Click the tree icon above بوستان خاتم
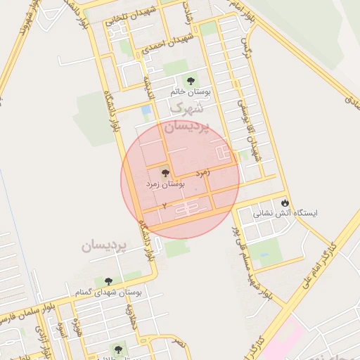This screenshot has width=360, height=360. (190, 81)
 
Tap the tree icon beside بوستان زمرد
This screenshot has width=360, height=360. (166, 172)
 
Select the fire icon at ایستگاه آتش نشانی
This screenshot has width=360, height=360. (285, 202)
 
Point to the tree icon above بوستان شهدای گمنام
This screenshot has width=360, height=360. (108, 281)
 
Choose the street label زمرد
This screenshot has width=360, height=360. (205, 172)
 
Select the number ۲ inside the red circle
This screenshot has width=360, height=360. (165, 205)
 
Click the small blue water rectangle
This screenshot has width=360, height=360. (146, 110)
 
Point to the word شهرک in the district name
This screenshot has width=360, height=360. (187, 109)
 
